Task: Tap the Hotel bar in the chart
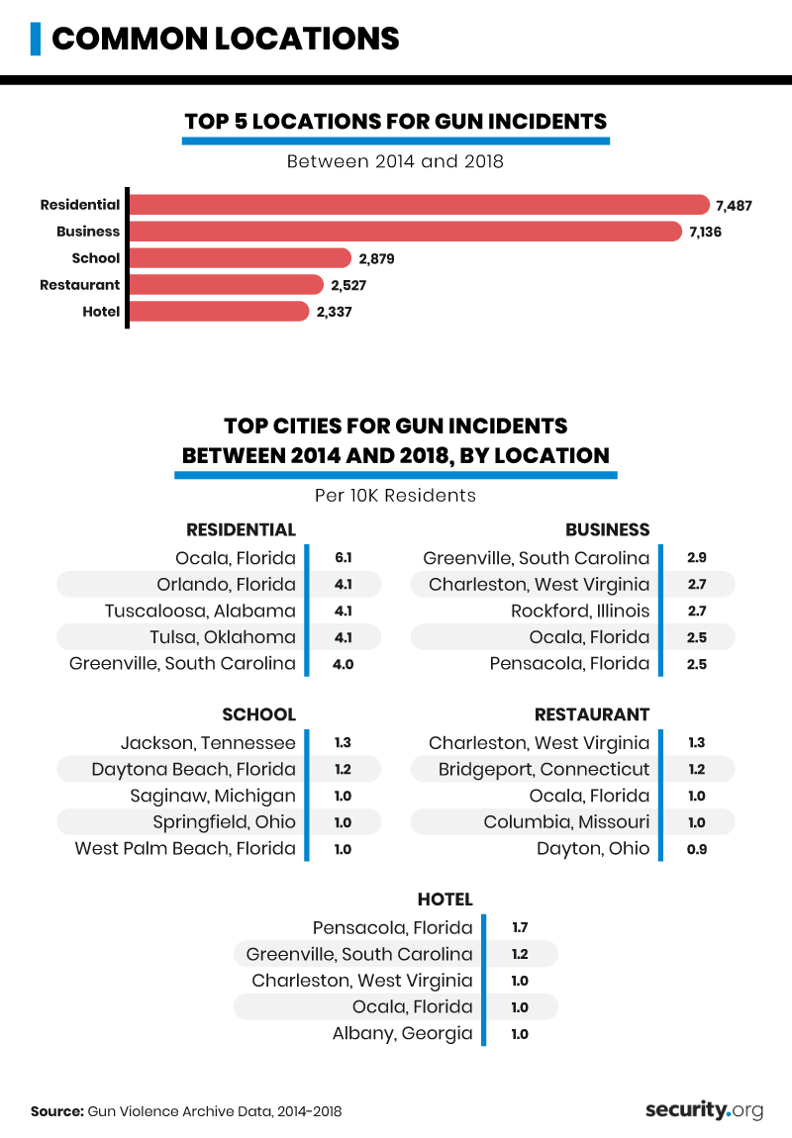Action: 219,312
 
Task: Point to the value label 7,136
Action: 709,232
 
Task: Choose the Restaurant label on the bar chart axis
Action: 79,285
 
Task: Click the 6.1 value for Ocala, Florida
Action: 342,558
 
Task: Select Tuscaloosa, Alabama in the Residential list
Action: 200,612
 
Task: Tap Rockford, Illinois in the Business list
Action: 580,612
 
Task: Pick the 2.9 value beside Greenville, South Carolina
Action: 696,558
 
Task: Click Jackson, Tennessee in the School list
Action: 208,743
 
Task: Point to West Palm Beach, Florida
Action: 185,849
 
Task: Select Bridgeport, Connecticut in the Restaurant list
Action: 544,770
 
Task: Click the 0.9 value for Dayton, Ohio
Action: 696,849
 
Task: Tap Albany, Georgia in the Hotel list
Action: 402,1034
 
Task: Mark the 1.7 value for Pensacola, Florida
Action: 520,928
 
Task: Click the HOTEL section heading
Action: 445,900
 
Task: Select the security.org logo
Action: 704,1110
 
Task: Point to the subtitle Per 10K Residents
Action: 395,495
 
